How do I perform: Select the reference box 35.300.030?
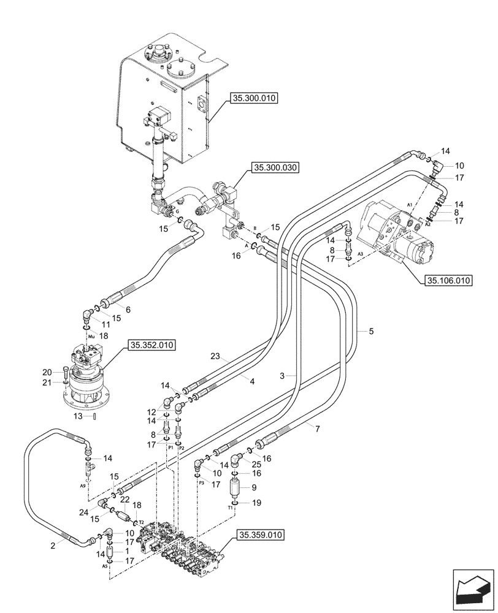[274, 168]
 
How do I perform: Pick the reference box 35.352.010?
[151, 346]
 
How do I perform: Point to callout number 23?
[215, 356]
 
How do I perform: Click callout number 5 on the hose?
[371, 331]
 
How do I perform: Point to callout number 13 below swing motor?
[79, 416]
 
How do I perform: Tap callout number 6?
[128, 310]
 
